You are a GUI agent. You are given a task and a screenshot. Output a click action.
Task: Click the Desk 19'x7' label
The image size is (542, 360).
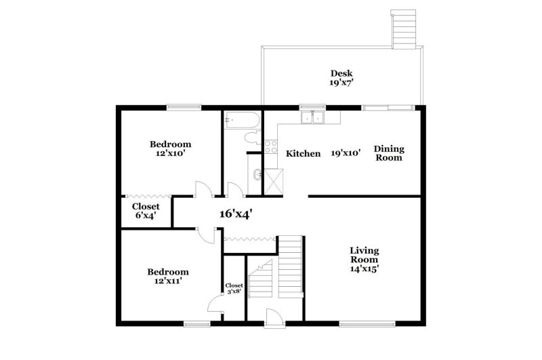341,78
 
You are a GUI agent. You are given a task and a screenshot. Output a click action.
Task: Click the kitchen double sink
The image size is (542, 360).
312,118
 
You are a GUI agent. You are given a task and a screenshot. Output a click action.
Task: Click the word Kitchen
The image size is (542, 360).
303,154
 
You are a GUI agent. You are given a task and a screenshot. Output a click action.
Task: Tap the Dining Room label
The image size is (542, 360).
389,153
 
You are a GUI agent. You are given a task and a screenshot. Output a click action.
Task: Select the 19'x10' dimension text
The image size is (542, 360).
346,153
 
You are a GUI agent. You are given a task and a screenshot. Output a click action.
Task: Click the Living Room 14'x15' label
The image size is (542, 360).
364,259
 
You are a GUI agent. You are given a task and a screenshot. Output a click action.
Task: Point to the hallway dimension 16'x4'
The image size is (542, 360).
236,214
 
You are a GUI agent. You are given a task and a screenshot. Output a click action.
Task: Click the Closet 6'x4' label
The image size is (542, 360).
146,211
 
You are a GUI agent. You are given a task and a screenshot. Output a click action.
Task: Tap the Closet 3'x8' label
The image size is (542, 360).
234,289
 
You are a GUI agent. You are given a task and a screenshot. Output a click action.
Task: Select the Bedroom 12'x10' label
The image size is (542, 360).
170,148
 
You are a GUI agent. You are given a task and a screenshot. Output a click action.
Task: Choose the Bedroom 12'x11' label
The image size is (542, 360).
168,276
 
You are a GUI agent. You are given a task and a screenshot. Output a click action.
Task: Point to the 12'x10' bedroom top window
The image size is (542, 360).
184,106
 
